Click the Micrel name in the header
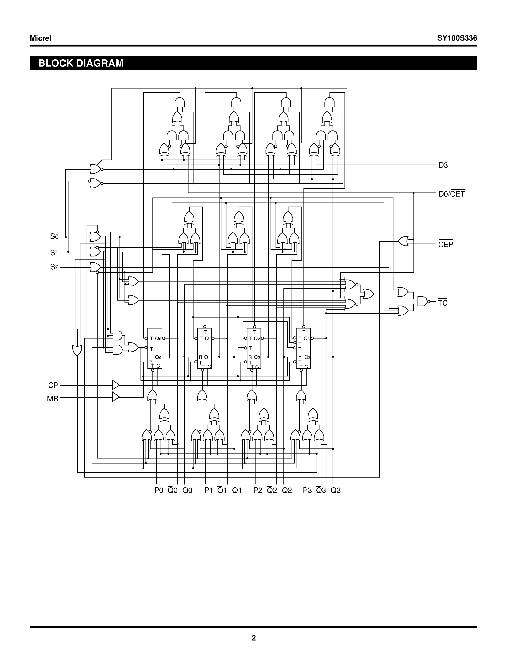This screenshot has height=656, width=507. (x=41, y=38)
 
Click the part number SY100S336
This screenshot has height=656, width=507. (x=457, y=38)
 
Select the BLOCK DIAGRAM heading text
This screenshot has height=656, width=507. (x=81, y=63)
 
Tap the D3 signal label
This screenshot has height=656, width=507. (x=443, y=165)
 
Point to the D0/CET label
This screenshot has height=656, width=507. (x=451, y=194)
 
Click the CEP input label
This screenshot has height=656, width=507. (x=445, y=245)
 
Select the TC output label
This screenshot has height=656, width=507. (x=442, y=303)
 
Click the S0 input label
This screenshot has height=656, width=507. (x=54, y=237)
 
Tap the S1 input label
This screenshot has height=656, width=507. (x=54, y=253)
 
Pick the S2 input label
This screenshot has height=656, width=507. (x=54, y=267)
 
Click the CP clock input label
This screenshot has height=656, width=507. (x=53, y=385)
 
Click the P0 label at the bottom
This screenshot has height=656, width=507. (x=159, y=490)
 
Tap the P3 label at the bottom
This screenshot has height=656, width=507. (x=307, y=490)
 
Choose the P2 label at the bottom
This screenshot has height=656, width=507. (x=257, y=490)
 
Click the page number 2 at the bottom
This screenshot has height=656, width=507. (x=253, y=638)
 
